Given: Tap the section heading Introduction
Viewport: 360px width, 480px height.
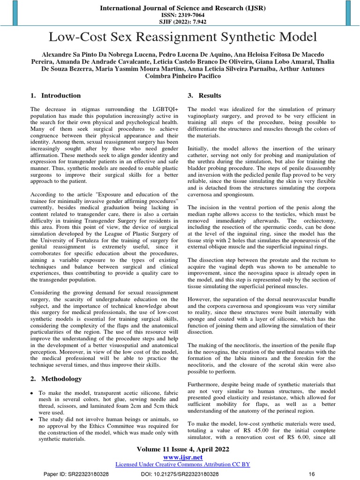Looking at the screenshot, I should [x=61, y=96].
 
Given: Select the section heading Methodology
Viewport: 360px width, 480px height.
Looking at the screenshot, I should [x=62, y=379].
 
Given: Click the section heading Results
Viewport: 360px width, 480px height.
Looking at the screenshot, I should [x=210, y=96].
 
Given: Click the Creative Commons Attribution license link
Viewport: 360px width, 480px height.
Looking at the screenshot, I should [x=182, y=464].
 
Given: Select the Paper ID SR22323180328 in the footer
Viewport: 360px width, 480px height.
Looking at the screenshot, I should [x=83, y=474].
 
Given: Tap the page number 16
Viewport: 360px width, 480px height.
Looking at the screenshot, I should [x=310, y=474].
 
